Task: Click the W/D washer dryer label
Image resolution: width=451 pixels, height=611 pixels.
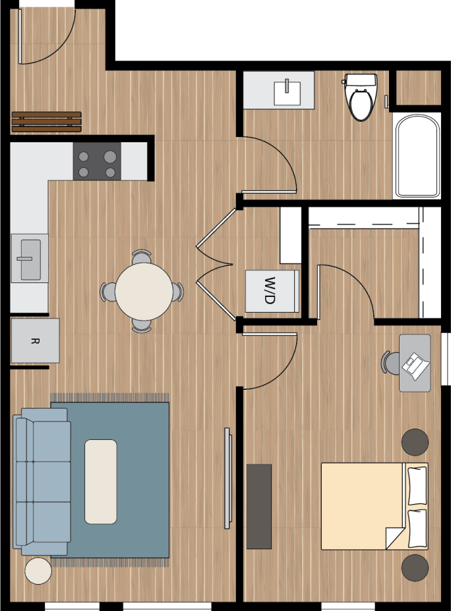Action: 271,290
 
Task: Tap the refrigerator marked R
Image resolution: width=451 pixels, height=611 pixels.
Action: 35,341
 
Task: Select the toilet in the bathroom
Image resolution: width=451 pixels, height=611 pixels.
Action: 360,99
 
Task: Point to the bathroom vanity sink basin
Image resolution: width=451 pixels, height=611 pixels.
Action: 287,93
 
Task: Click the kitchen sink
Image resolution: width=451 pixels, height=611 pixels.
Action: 30,259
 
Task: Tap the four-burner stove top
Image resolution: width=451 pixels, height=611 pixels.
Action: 97,161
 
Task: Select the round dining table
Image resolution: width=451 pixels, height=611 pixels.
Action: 142,291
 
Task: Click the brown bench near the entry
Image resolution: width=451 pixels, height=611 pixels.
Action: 46,122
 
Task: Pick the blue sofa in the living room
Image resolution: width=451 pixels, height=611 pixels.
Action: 44,481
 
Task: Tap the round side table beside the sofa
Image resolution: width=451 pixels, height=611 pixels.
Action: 38,571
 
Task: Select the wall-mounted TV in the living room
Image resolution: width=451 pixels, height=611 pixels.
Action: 227,477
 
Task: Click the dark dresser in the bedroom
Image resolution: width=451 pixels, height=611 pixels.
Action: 259,506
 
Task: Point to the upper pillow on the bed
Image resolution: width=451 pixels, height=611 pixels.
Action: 417,485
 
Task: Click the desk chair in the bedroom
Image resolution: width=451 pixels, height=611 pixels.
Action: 389,361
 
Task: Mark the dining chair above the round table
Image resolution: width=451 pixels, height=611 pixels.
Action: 142,255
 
